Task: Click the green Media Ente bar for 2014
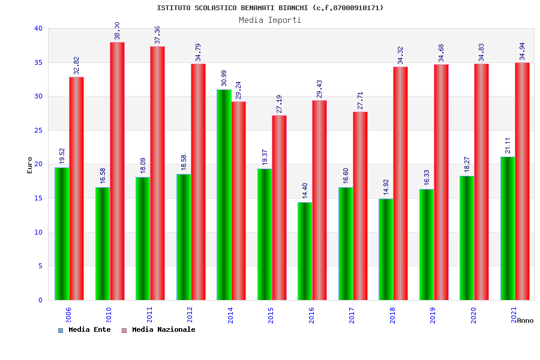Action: click(224, 194)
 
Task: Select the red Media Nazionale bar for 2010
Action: click(117, 171)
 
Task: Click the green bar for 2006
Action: click(62, 233)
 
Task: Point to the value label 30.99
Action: click(224, 79)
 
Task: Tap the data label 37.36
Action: click(157, 35)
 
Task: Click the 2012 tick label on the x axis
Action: click(190, 315)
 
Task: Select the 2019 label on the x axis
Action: click(433, 315)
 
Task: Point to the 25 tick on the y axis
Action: click(38, 130)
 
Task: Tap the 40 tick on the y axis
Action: click(38, 28)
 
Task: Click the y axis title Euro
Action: click(30, 165)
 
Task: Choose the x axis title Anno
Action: click(525, 320)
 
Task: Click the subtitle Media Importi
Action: click(270, 20)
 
